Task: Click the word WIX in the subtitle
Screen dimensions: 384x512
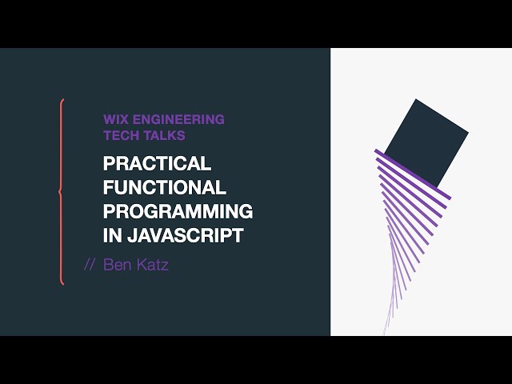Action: (x=117, y=119)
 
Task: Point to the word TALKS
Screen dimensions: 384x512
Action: (x=165, y=135)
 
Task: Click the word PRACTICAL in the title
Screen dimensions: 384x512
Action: (x=158, y=164)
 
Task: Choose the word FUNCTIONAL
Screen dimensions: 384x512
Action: (x=165, y=188)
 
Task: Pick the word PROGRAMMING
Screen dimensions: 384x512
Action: (x=178, y=212)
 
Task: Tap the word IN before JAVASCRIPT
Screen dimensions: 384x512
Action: (x=112, y=236)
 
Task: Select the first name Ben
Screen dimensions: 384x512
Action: (x=118, y=265)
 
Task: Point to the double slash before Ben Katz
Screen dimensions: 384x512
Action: (x=90, y=265)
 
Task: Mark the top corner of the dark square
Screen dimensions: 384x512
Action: (x=415, y=99)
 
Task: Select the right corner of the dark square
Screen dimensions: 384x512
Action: (x=468, y=133)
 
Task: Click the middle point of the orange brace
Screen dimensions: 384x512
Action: (x=58, y=191)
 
